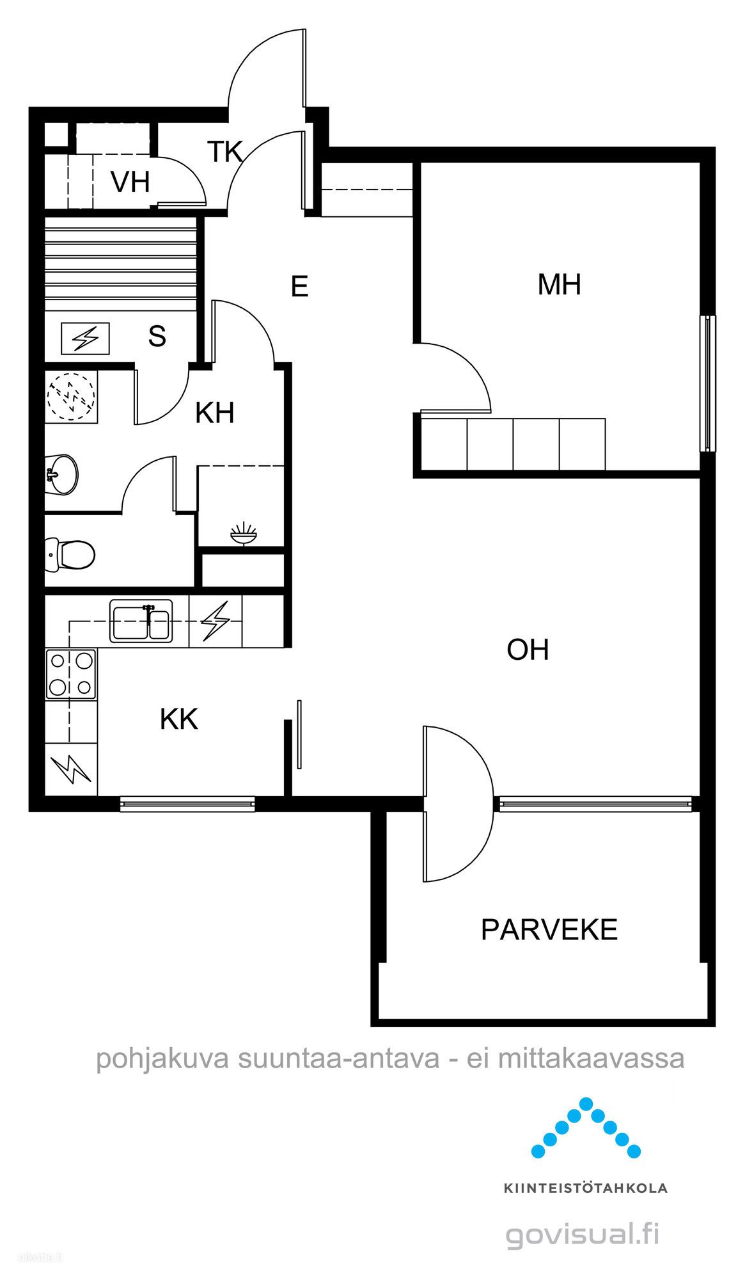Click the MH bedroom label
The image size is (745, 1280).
tap(560, 284)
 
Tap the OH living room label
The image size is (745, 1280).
tap(528, 650)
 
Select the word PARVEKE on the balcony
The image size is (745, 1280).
tap(549, 929)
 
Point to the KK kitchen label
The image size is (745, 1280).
tap(179, 719)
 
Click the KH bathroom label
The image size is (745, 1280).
tap(215, 413)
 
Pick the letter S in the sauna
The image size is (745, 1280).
tap(157, 336)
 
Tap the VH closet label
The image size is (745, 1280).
tap(130, 182)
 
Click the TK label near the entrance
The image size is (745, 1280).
tap(225, 152)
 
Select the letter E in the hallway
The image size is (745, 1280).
tap(299, 286)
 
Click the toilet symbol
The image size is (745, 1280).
tap(70, 553)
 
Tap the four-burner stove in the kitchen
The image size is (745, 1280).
tap(71, 674)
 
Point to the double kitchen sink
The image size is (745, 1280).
tap(141, 620)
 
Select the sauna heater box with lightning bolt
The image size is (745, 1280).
tap(85, 339)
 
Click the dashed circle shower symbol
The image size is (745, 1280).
tap(72, 395)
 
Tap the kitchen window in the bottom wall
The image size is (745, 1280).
tap(187, 804)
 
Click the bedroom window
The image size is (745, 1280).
tap(707, 383)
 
